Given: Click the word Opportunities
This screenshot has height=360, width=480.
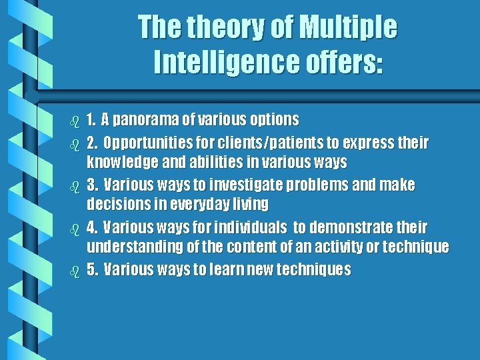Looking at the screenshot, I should pyautogui.click(x=145, y=143).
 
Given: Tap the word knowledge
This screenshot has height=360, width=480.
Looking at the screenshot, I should pyautogui.click(x=119, y=161).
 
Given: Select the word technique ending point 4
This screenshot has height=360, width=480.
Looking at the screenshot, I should pyautogui.click(x=417, y=247).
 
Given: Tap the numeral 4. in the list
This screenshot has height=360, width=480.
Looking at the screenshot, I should pyautogui.click(x=93, y=227).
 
